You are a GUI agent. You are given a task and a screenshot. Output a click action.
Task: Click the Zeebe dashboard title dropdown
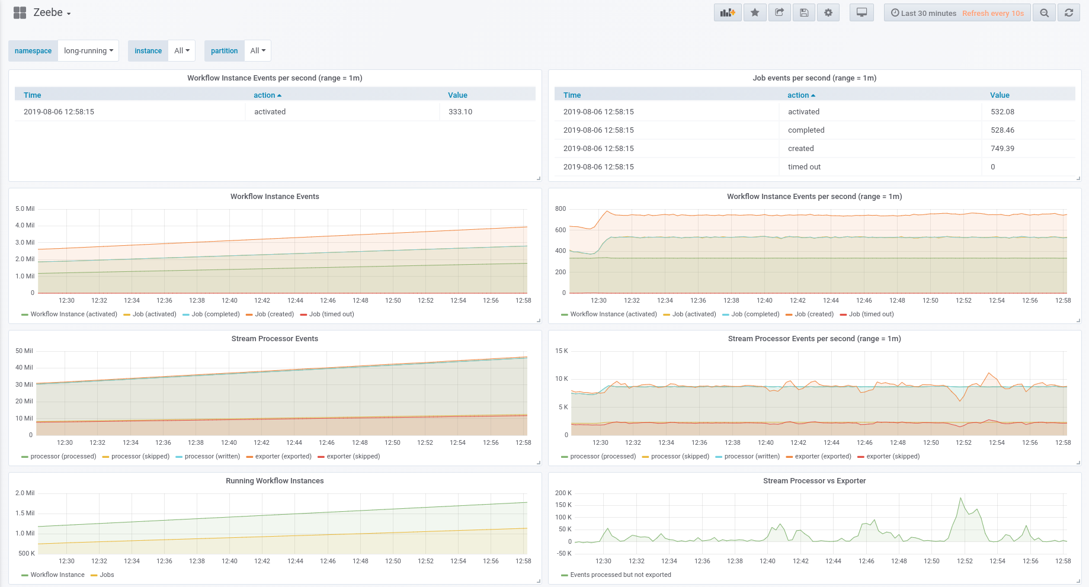pos(52,13)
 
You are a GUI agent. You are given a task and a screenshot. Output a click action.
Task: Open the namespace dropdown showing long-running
pos(88,51)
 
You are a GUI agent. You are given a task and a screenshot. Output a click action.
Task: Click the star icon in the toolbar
pos(754,13)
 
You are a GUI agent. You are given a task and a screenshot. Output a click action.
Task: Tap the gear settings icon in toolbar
pos(828,13)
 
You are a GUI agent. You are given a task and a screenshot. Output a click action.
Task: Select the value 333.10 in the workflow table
pos(460,112)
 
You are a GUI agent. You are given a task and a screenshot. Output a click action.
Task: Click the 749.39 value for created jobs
pos(1002,149)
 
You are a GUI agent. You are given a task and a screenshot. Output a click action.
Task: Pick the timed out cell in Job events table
pos(804,167)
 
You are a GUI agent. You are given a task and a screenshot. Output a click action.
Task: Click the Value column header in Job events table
pos(1000,95)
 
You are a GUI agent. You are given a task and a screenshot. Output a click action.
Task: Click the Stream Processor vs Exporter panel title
pos(814,481)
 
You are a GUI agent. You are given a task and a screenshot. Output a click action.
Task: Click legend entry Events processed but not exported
pos(620,575)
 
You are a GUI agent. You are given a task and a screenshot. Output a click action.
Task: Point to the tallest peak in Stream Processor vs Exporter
pos(960,499)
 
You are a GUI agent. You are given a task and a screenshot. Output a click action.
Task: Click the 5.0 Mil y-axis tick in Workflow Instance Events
pos(25,209)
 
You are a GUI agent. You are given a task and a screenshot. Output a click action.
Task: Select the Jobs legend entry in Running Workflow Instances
pos(107,575)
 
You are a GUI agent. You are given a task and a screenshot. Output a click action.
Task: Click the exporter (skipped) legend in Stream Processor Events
pos(353,457)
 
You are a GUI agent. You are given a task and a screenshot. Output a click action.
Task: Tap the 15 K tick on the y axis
pos(561,351)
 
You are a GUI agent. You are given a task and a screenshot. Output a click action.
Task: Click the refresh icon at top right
pos(1068,13)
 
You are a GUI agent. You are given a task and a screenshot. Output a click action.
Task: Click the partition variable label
pos(224,51)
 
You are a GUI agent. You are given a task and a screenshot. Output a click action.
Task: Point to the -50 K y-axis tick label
pos(563,554)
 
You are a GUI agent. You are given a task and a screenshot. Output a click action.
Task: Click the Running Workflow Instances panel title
pos(274,481)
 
